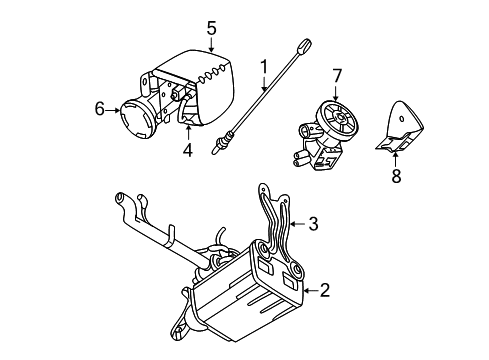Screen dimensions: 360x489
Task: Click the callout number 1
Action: (263, 68)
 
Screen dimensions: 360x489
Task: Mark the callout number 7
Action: (337, 74)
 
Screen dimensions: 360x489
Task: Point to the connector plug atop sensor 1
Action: (305, 43)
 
